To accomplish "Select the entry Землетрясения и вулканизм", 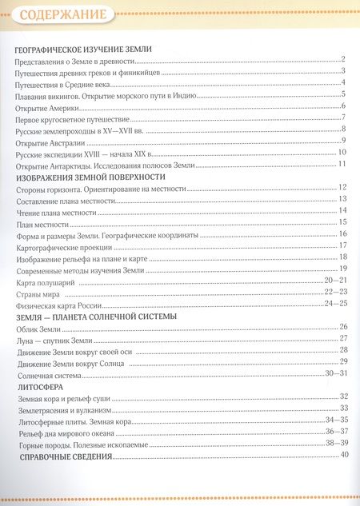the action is click(66, 408).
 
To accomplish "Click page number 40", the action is click(345, 455).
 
